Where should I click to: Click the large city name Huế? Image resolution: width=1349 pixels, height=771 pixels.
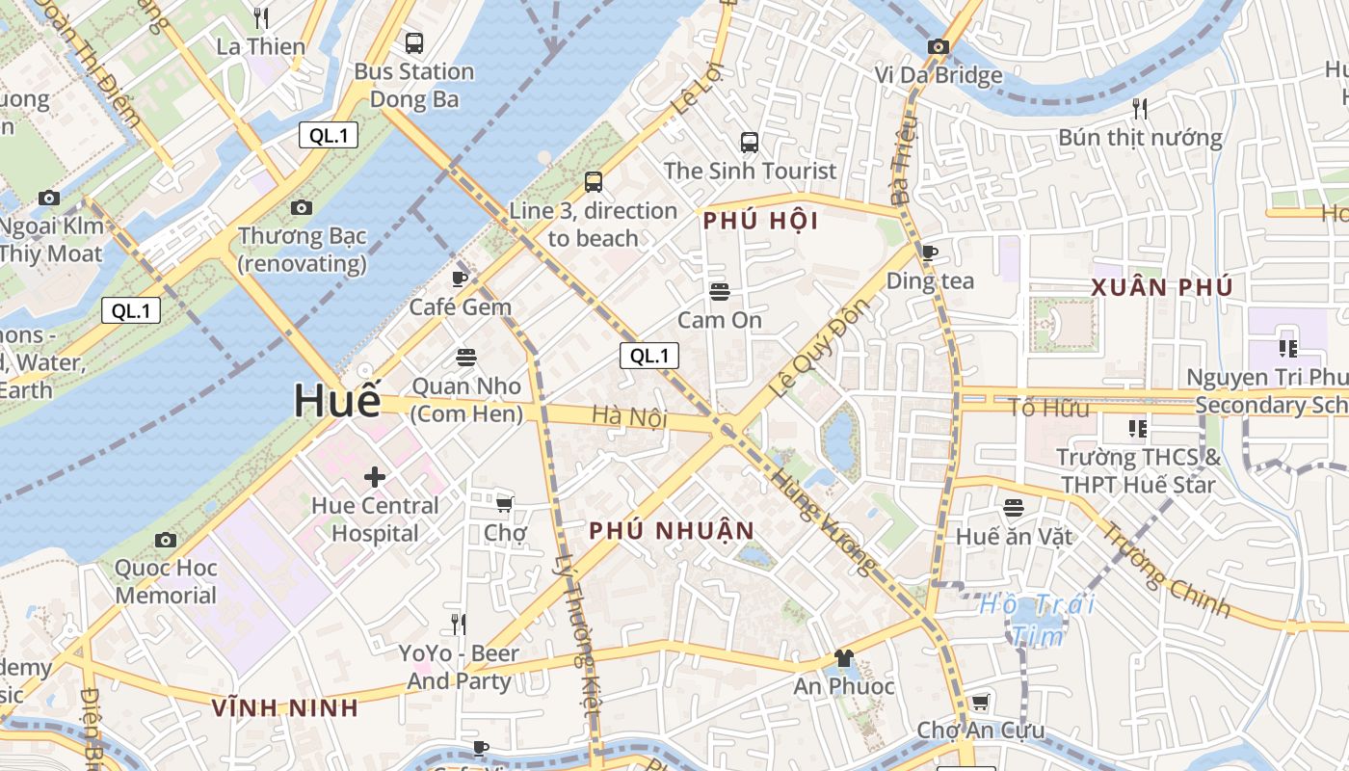(337, 400)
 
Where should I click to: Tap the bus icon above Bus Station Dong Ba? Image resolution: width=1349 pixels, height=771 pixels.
(414, 42)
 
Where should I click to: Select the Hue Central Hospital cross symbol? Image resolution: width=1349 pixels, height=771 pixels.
(375, 476)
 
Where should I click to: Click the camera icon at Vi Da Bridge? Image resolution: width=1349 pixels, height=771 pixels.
(938, 46)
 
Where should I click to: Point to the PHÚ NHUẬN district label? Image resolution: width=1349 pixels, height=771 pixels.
(672, 531)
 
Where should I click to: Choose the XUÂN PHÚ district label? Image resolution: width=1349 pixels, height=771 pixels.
(1162, 287)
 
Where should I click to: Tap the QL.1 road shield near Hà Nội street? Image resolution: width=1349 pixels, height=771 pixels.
(648, 356)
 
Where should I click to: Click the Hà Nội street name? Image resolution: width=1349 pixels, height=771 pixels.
(629, 415)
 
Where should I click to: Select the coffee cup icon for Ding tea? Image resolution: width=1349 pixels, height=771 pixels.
(929, 253)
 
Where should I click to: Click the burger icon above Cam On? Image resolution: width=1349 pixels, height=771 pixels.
(719, 291)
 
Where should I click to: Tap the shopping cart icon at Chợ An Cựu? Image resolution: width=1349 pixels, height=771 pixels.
(980, 702)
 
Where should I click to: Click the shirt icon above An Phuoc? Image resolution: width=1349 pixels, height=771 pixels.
(844, 658)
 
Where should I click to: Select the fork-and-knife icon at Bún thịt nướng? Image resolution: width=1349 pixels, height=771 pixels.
(1140, 108)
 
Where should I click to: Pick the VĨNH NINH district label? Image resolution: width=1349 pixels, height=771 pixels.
(285, 708)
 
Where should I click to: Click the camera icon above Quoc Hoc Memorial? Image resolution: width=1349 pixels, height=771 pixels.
(166, 540)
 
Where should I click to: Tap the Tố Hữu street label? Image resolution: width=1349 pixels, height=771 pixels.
(1048, 408)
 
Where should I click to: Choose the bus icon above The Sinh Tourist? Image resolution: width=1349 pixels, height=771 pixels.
(750, 143)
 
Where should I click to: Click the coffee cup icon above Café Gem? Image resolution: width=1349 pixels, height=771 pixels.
(460, 279)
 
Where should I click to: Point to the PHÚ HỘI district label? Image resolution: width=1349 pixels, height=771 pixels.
(760, 221)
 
